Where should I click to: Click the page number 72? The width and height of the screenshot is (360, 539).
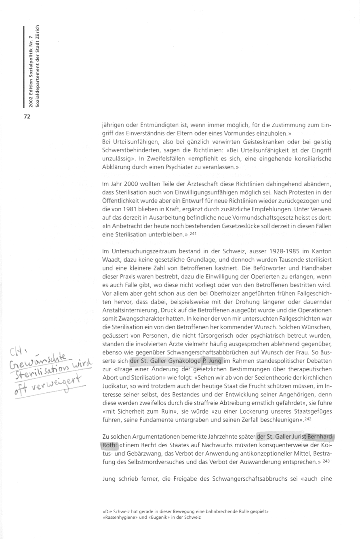(x=28, y=117)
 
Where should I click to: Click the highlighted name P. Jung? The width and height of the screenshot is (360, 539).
(x=211, y=348)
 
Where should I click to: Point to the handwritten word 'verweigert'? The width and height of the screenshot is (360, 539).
(x=59, y=368)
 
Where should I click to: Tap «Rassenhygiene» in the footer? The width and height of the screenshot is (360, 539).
(x=120, y=517)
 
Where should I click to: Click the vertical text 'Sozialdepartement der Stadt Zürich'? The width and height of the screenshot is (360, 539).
(x=38, y=67)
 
